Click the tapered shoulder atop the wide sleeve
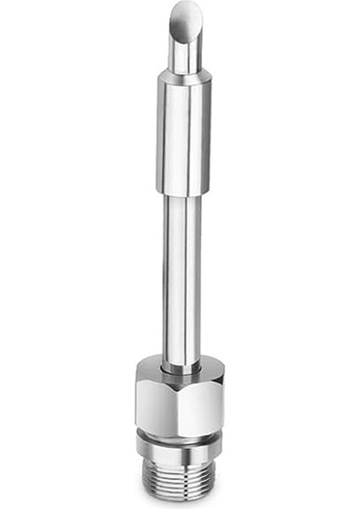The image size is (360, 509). click(183, 75)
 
